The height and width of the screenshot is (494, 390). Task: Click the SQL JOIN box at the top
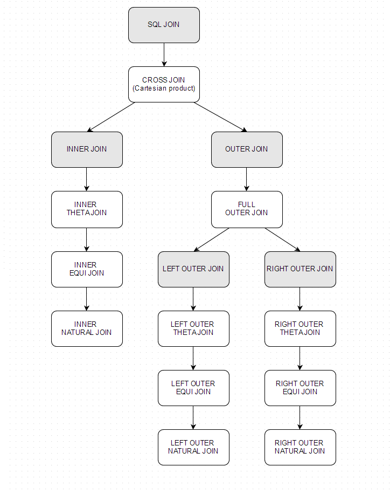(x=164, y=25)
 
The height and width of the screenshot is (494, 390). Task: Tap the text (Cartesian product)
(x=164, y=88)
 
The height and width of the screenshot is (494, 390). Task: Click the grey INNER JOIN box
(x=87, y=149)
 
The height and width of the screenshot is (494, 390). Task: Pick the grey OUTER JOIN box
(x=247, y=149)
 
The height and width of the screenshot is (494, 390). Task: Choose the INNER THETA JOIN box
(x=87, y=209)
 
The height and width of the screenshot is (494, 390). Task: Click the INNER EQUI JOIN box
(x=87, y=269)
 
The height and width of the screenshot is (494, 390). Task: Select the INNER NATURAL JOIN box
(x=87, y=328)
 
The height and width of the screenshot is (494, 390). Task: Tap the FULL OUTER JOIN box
(x=247, y=209)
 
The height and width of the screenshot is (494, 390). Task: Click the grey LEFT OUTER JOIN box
(x=193, y=269)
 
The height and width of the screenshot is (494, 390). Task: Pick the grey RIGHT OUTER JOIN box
(x=300, y=269)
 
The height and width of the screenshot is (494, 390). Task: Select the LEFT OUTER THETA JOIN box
(x=193, y=328)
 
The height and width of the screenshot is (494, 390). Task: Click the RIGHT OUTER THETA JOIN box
(x=300, y=328)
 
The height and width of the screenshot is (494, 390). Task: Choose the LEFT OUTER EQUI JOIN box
(x=193, y=388)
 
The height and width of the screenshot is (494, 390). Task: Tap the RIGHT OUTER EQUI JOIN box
(x=300, y=388)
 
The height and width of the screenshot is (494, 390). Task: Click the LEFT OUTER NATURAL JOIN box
(x=193, y=447)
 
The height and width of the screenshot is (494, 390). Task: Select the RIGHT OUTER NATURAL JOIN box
(x=300, y=447)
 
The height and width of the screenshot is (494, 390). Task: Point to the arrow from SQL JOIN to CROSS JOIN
(x=164, y=54)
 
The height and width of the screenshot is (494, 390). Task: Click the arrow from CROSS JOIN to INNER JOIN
(x=111, y=117)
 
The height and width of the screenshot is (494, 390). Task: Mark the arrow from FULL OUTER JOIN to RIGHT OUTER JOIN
(x=282, y=239)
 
